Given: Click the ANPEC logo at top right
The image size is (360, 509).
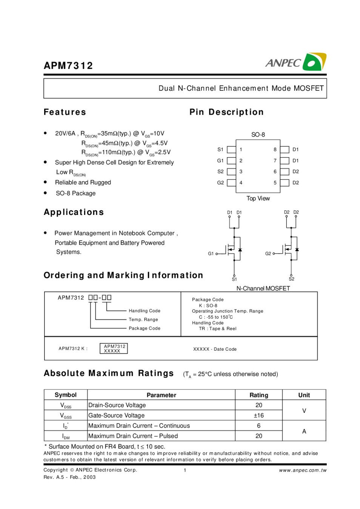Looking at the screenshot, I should tap(295, 62).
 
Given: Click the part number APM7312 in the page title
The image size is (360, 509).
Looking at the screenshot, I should tap(68, 66).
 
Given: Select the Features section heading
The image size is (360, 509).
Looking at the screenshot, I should tap(65, 112).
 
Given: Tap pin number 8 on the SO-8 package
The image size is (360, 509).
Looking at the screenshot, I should tap(275, 150).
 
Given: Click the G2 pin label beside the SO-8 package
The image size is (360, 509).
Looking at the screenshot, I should tap(220, 183).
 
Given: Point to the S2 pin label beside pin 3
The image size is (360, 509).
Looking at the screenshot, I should tap(220, 172).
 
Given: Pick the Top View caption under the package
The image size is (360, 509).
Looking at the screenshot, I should tap(258, 198).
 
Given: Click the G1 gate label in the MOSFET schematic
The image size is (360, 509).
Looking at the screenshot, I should tap(211, 254).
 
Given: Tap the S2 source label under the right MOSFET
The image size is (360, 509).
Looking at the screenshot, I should tap(291, 279).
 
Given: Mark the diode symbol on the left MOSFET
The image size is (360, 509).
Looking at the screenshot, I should tap(240, 250).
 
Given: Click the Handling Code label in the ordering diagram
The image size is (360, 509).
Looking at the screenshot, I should tap(145, 311).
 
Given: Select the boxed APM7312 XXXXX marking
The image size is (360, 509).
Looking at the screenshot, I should tap(114, 348).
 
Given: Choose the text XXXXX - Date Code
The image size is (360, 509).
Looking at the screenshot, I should tap(215, 349).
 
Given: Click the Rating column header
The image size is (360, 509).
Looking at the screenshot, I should tap(258, 395).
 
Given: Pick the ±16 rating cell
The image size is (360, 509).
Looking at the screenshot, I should tap(258, 415).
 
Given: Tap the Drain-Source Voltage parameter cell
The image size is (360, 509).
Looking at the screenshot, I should tap(117, 405).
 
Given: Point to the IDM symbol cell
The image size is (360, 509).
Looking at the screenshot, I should tap(66, 436).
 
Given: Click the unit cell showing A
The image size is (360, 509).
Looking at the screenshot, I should tap(304, 431).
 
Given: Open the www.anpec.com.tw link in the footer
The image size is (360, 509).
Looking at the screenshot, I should tap(303, 470).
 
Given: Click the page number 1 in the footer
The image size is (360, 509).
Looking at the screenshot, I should tap(185, 470).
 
